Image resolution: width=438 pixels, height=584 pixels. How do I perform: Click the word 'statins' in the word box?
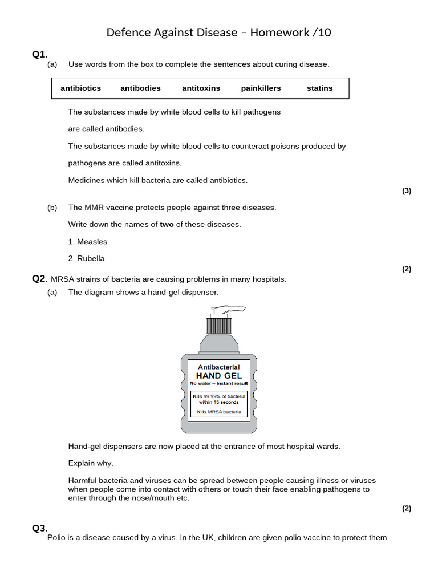(x=319, y=88)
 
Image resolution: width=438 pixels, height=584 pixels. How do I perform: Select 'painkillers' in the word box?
(x=261, y=88)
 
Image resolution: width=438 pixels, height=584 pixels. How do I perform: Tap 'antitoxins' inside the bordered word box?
(x=201, y=88)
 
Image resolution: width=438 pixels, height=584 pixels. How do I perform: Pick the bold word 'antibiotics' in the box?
(x=80, y=88)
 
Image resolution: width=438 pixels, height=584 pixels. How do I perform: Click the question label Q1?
(x=39, y=54)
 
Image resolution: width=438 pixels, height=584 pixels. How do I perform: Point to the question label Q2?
(x=39, y=278)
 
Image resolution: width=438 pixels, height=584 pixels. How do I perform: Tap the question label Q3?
(x=39, y=528)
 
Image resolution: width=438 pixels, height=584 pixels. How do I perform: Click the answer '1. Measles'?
(x=87, y=242)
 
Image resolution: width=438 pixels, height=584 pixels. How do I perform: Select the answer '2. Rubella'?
(x=86, y=259)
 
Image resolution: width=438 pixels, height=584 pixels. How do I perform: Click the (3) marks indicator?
(x=406, y=191)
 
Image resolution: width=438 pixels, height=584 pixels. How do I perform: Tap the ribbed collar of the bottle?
(x=218, y=326)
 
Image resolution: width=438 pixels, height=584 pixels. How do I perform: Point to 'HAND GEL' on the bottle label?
(x=218, y=376)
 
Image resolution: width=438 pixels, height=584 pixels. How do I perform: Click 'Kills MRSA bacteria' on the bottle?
(x=218, y=412)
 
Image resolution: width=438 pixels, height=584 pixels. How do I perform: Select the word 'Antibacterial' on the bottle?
(x=218, y=367)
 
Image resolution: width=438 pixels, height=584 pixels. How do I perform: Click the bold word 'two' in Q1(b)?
(x=167, y=225)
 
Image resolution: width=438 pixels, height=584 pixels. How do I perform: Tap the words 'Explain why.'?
(x=91, y=463)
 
